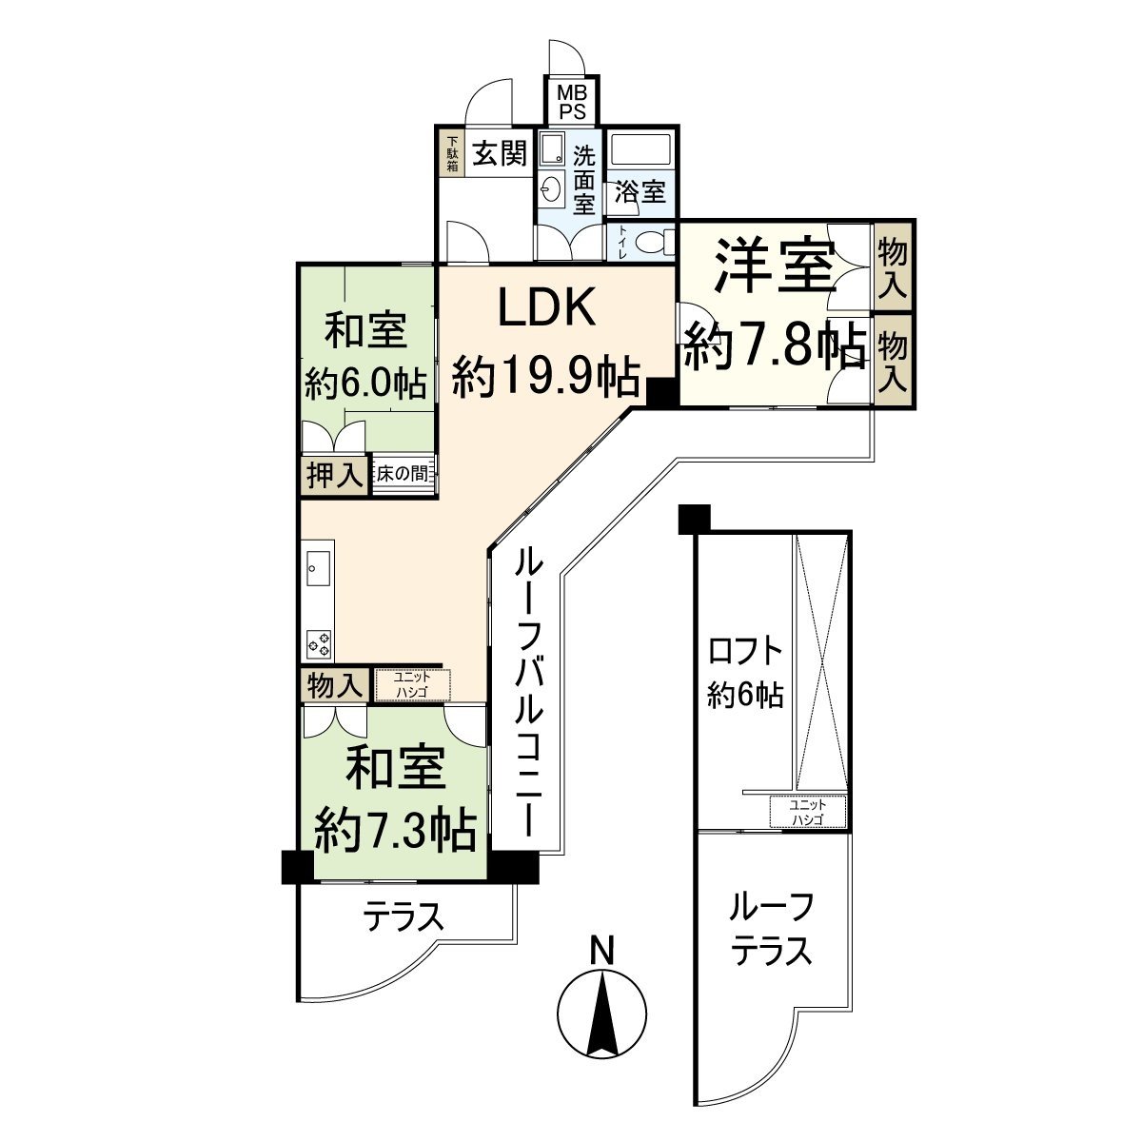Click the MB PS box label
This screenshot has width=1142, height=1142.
572,101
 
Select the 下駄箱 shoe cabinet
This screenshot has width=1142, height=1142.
452,153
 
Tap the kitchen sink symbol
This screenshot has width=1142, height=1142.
318,568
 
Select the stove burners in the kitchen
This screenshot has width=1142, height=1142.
318,643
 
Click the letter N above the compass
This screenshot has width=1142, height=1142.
601,950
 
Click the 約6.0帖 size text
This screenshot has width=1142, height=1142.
364,383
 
